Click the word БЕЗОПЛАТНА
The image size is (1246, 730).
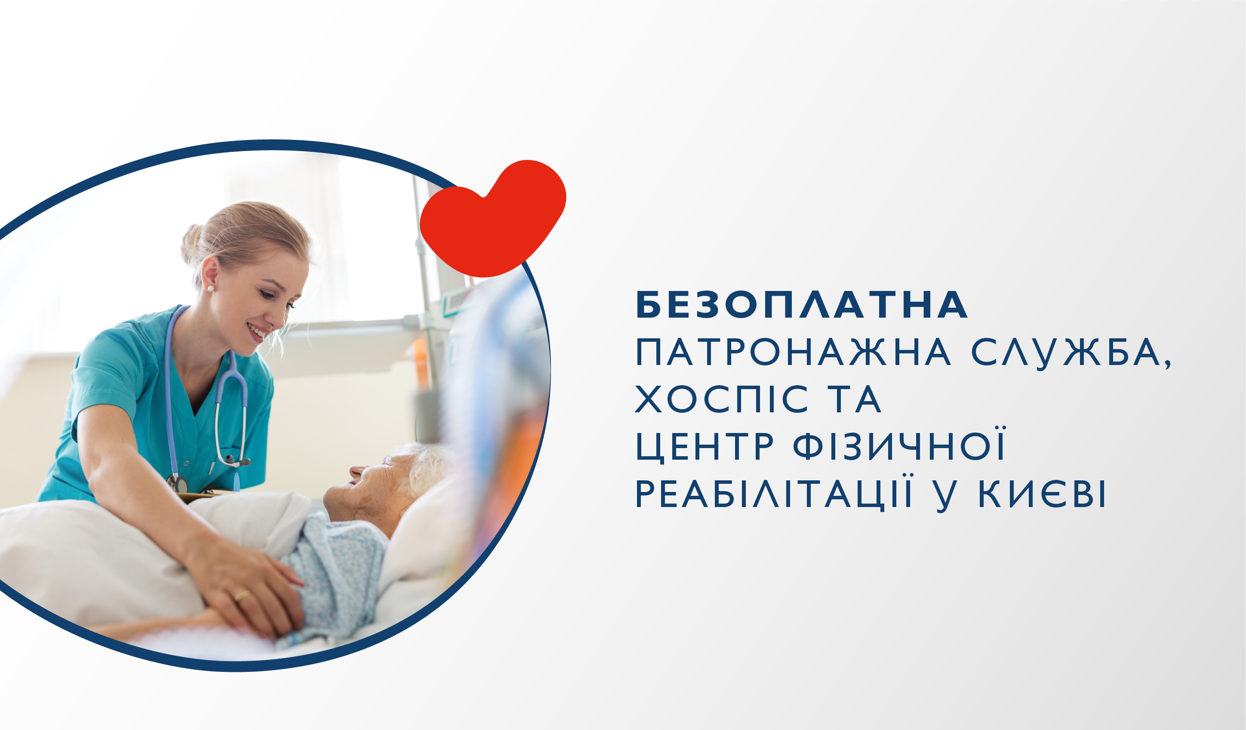coord(802,305)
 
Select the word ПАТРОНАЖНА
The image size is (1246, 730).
coord(793,353)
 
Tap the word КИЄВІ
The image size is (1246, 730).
coord(1042,493)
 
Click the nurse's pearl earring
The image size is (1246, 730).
coord(211,288)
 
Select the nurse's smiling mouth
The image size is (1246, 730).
coord(257,331)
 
